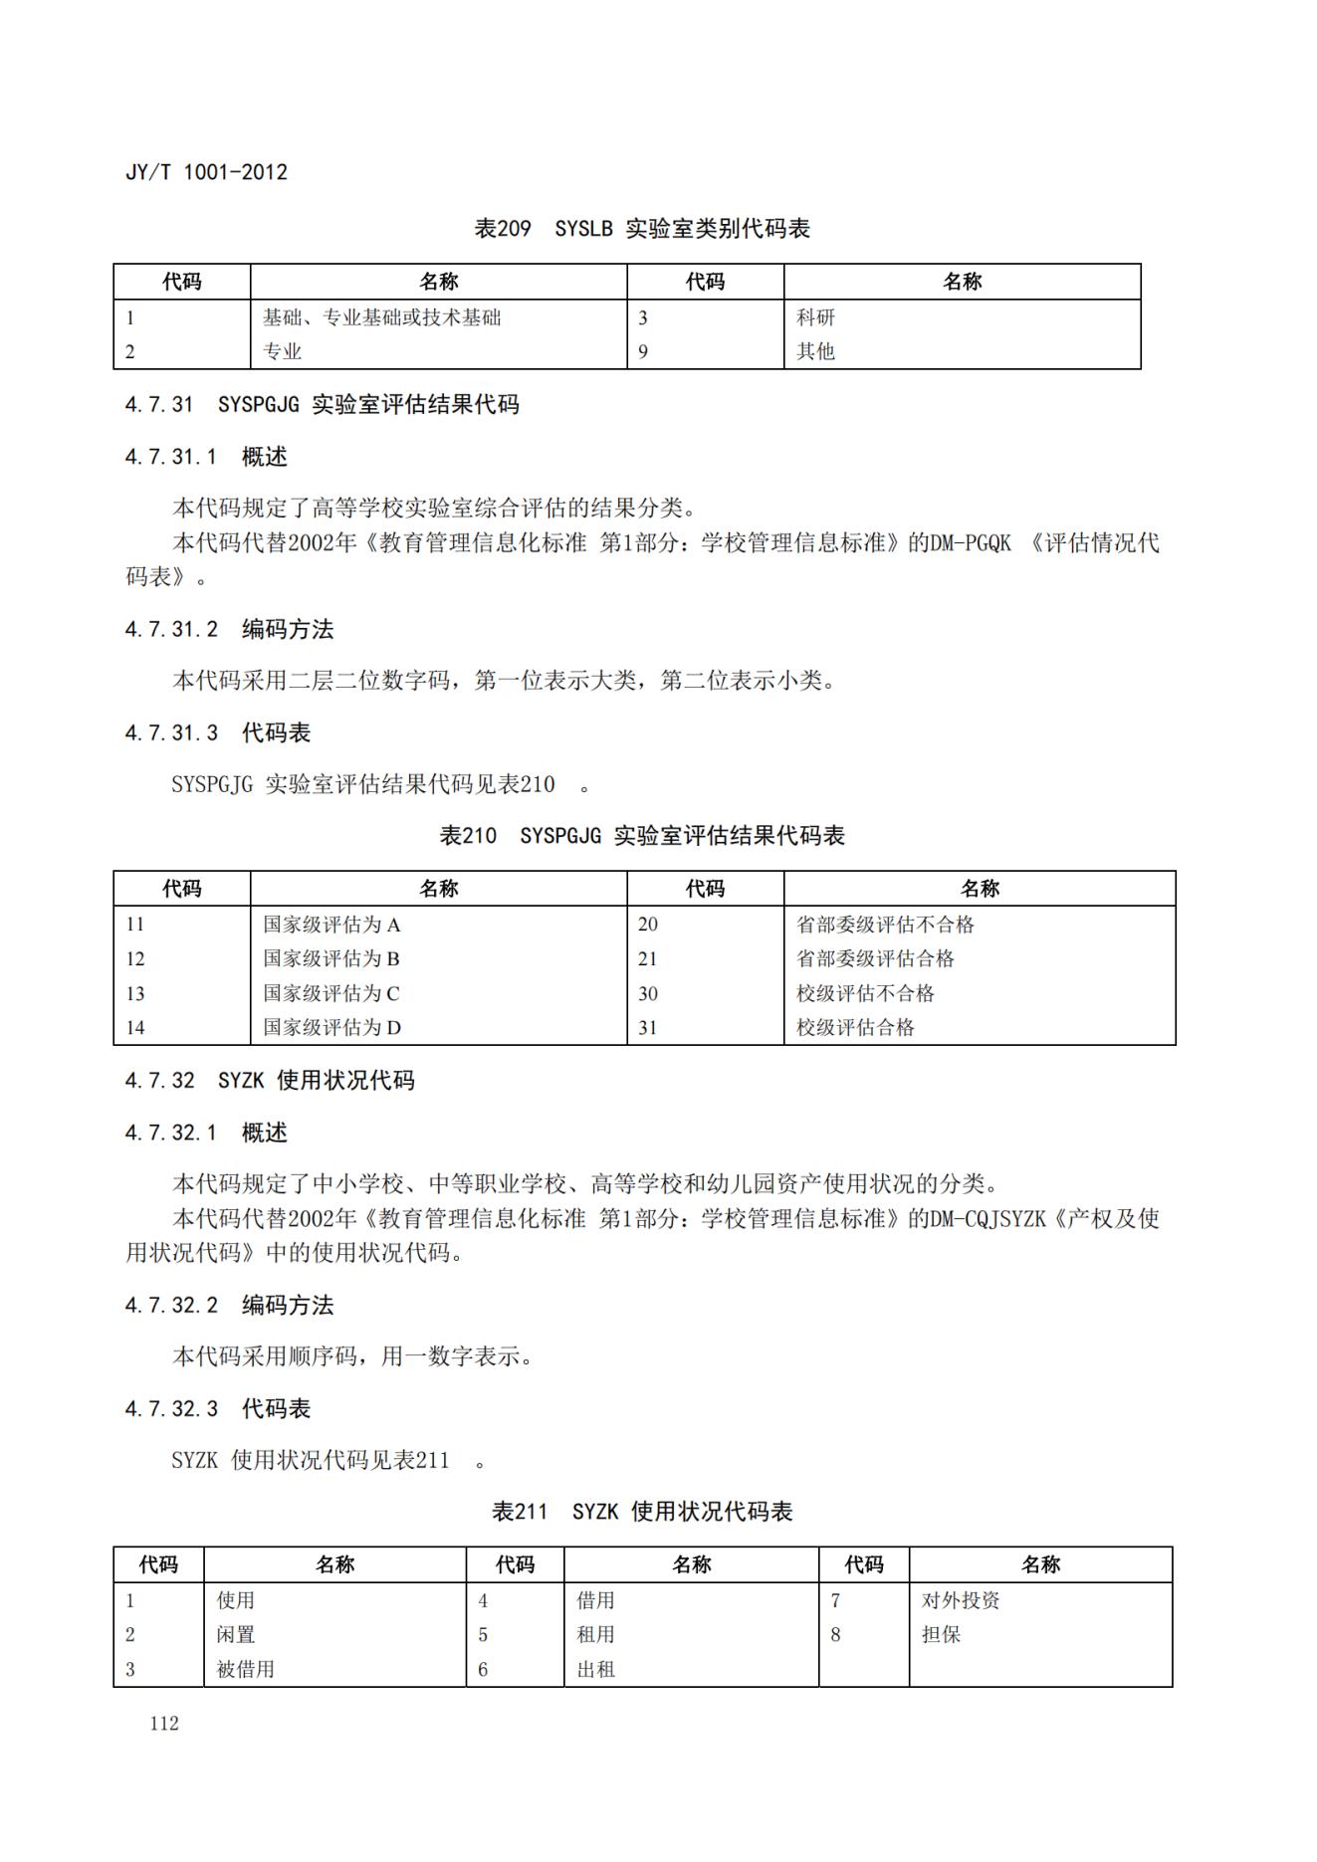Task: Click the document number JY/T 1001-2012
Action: click(206, 172)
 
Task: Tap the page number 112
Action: click(164, 1724)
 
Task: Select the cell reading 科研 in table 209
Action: click(815, 317)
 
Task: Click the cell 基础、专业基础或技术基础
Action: click(381, 317)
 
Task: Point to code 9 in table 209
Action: click(643, 351)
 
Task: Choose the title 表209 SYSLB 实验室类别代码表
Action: click(642, 229)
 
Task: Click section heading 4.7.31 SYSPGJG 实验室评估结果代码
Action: click(322, 404)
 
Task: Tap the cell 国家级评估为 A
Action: click(331, 925)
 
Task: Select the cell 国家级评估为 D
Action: click(331, 1027)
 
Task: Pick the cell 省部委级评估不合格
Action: click(885, 925)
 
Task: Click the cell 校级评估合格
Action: click(855, 1027)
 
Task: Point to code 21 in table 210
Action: click(648, 958)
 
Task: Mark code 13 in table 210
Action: click(135, 993)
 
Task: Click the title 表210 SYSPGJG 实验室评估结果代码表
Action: click(642, 836)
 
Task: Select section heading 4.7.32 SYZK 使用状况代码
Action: click(270, 1080)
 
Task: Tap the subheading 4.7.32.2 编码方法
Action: click(229, 1305)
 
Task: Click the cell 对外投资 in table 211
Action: click(961, 1600)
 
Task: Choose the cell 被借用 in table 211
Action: click(245, 1669)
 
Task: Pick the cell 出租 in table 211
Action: click(595, 1669)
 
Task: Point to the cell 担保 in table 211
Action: click(941, 1634)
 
